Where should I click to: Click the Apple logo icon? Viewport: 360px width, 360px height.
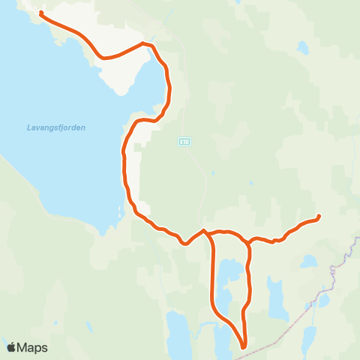click(11, 347)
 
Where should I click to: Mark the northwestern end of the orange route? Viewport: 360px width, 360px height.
click(40, 13)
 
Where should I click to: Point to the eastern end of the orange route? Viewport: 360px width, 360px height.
click(319, 217)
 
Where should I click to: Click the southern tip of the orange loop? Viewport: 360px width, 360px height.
click(244, 347)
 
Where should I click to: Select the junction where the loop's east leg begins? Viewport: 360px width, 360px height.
click(247, 241)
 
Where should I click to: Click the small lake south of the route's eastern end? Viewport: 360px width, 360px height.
click(308, 262)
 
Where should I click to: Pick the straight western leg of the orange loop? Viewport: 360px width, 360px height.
click(212, 277)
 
